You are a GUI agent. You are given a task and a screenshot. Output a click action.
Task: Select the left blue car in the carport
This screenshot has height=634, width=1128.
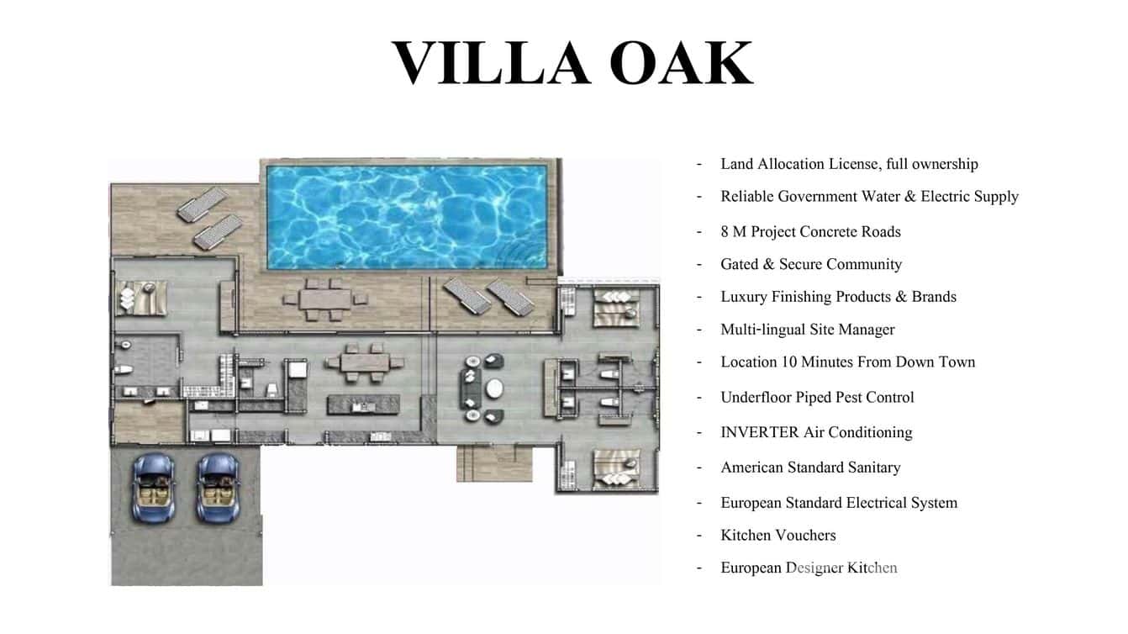click(x=155, y=487)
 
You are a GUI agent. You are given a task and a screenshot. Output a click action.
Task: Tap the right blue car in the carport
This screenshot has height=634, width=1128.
click(x=217, y=487)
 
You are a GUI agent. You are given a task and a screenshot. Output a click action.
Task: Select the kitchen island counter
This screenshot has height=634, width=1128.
click(x=361, y=404)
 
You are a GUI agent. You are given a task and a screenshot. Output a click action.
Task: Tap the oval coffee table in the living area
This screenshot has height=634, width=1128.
click(x=493, y=388)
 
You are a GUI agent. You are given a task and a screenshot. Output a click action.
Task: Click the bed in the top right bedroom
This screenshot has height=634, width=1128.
click(x=616, y=308)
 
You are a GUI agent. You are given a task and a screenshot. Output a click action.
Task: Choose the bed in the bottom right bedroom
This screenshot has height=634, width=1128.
click(x=616, y=468)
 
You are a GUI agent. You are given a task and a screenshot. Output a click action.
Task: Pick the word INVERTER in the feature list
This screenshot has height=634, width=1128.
click(x=759, y=432)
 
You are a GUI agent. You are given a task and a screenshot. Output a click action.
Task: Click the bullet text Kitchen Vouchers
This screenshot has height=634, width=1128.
click(x=777, y=535)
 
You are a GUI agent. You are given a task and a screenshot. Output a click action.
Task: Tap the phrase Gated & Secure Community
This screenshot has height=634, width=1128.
click(x=810, y=264)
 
